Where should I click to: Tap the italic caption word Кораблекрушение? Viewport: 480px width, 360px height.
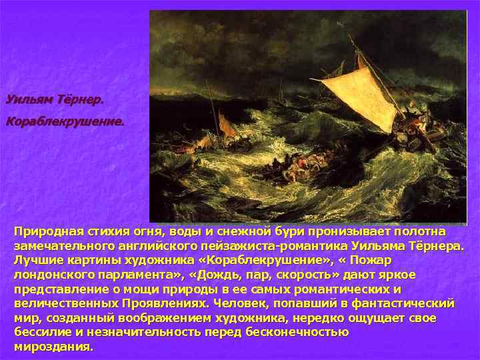tap(65, 122)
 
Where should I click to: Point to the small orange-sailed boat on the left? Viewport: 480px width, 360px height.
tap(227, 126)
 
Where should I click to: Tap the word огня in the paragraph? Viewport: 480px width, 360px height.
tap(142, 231)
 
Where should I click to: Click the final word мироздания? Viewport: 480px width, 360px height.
tap(53, 347)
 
